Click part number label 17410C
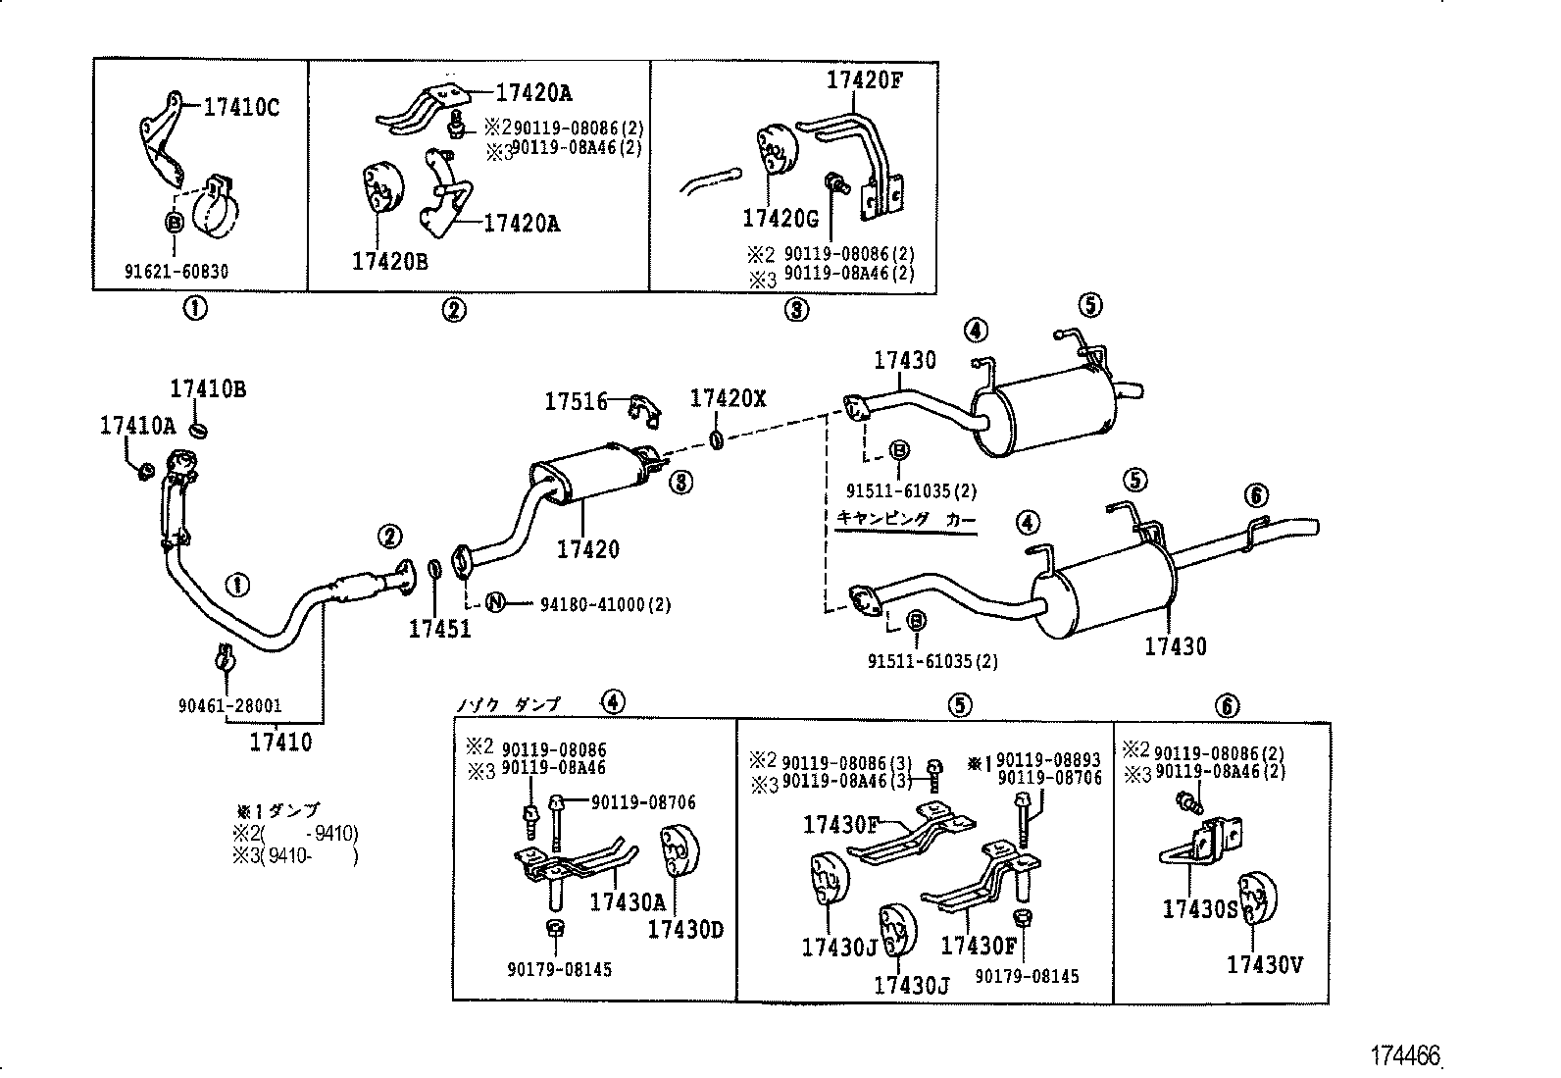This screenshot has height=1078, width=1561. point(241,108)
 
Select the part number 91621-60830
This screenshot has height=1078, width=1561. point(176,271)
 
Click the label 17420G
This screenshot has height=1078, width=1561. point(780,218)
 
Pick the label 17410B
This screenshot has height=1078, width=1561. point(208,388)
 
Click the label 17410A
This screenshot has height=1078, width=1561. point(137,425)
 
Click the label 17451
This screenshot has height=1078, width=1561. point(439,629)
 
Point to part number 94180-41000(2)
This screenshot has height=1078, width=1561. point(605,604)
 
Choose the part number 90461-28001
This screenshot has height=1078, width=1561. point(229,704)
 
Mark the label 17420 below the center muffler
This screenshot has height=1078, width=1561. point(588,549)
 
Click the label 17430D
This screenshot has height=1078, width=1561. point(684,928)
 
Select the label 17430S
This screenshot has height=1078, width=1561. point(1200,908)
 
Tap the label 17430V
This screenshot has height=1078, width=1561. point(1265,964)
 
